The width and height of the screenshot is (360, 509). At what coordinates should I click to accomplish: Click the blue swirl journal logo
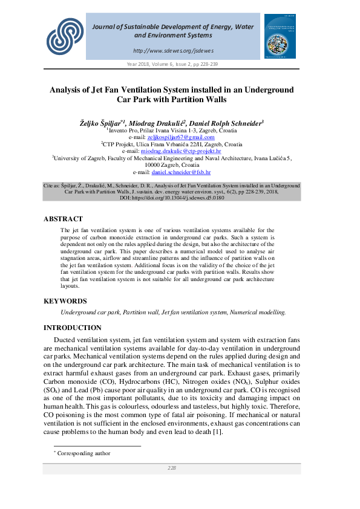(65, 35)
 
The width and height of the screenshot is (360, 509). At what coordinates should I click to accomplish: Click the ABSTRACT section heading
(64, 219)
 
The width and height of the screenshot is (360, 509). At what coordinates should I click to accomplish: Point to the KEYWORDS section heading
(65, 301)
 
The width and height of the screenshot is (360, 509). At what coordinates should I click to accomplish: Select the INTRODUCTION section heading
(73, 328)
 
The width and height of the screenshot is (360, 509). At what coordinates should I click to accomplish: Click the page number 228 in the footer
(172, 468)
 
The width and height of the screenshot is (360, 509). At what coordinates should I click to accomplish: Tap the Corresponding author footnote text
(83, 453)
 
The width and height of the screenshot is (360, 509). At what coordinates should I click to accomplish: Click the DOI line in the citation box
(172, 198)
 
